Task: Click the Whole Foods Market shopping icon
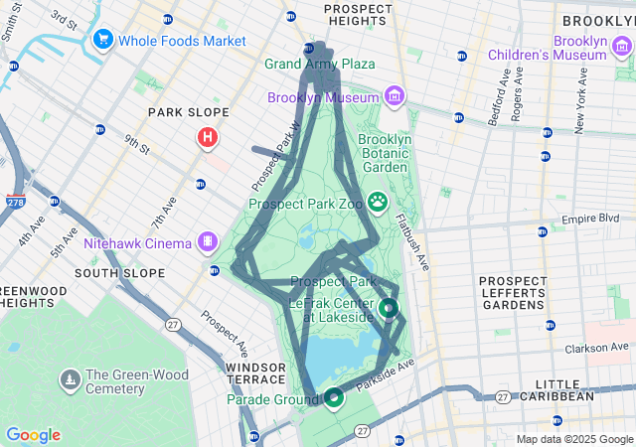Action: (x=101, y=40)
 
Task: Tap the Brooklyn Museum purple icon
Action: (x=396, y=96)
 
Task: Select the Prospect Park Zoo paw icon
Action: (x=378, y=203)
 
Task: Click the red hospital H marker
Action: (x=207, y=137)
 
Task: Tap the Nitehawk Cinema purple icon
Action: (x=207, y=241)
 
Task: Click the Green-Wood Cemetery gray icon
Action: (x=71, y=380)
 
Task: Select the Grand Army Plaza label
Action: (x=319, y=64)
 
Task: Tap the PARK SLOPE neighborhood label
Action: (x=189, y=112)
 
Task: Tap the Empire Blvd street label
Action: (x=598, y=219)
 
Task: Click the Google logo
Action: (x=33, y=434)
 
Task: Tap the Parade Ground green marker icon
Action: (x=334, y=397)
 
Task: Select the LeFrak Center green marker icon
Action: (x=388, y=309)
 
